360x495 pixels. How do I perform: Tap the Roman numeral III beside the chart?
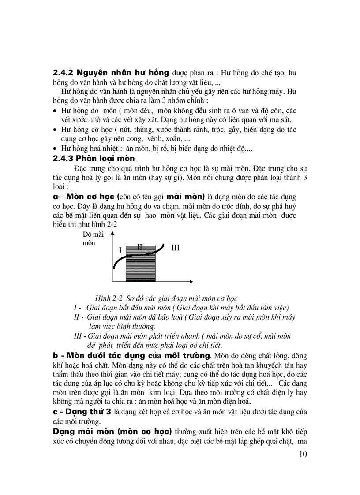[175, 248]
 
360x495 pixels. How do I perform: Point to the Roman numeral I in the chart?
[120, 250]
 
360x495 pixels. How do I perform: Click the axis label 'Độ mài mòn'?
[93, 238]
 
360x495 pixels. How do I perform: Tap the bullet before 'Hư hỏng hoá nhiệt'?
[55, 149]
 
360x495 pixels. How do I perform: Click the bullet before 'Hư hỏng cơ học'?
[55, 130]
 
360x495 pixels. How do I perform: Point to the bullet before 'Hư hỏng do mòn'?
[55, 111]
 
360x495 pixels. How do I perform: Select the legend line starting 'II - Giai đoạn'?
[184, 317]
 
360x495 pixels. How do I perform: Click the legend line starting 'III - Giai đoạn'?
[182, 336]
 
